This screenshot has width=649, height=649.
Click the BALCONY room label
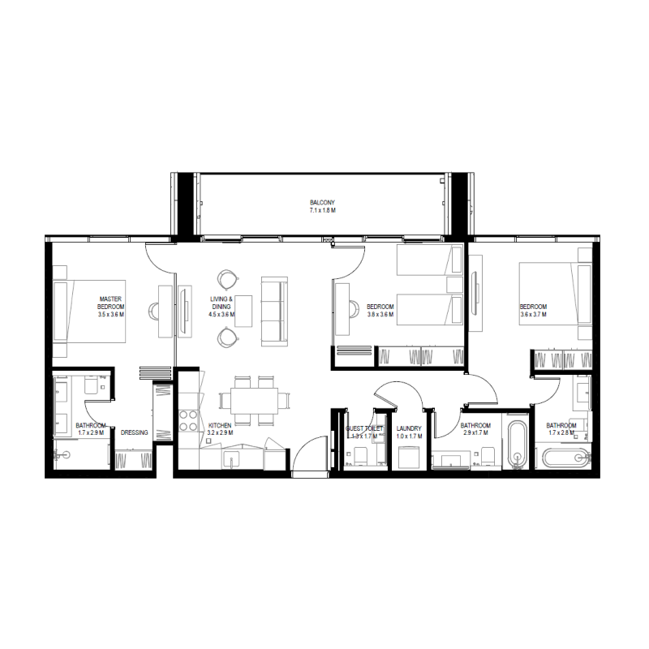coord(322,202)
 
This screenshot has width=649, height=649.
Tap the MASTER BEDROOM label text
coord(110,303)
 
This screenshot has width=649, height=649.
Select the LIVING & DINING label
coord(221,303)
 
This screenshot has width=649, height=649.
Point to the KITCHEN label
coord(220,425)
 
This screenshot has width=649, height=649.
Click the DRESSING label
coord(134,432)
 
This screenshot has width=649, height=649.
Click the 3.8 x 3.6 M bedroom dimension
coord(380,315)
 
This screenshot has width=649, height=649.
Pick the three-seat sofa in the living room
coord(273,309)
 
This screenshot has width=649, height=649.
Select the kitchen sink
coord(233,462)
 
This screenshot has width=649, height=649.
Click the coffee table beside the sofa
coord(243,309)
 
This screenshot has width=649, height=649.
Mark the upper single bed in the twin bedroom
coord(428,262)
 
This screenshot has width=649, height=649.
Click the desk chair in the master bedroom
coord(155,309)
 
